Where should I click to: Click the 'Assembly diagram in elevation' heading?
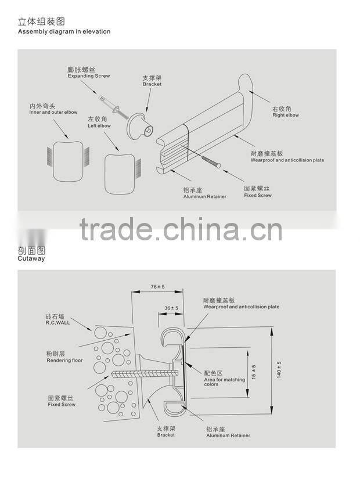(x=64, y=31)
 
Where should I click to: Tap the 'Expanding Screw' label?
(x=88, y=76)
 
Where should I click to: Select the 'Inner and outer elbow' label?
(x=53, y=112)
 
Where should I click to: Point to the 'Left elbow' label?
(x=99, y=125)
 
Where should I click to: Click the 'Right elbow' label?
(x=285, y=115)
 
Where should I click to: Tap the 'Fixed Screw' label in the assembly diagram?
(x=257, y=195)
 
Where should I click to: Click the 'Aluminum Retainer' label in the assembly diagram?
(x=205, y=196)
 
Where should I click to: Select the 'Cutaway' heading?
(x=31, y=260)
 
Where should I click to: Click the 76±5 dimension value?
(x=157, y=287)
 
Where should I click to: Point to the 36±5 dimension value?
(x=171, y=308)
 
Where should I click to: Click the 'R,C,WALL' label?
(x=57, y=322)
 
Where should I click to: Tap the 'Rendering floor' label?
(x=64, y=361)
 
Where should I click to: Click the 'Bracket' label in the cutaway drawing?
(x=165, y=434)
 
